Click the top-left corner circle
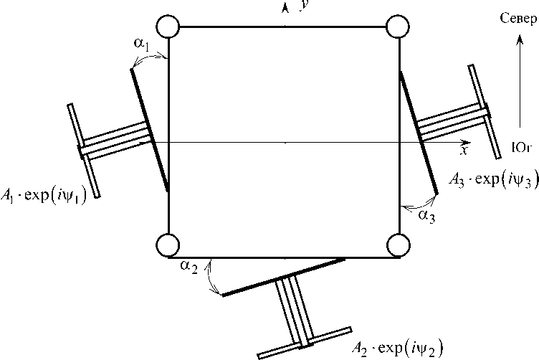click(x=169, y=28)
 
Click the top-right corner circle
click(x=397, y=28)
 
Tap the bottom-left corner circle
click(x=169, y=245)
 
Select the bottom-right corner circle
click(x=397, y=245)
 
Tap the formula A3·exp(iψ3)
click(x=489, y=179)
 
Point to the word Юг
click(x=520, y=148)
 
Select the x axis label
click(x=464, y=151)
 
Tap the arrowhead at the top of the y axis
click(x=285, y=7)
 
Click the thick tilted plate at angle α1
click(x=150, y=129)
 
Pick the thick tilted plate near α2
click(x=283, y=276)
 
